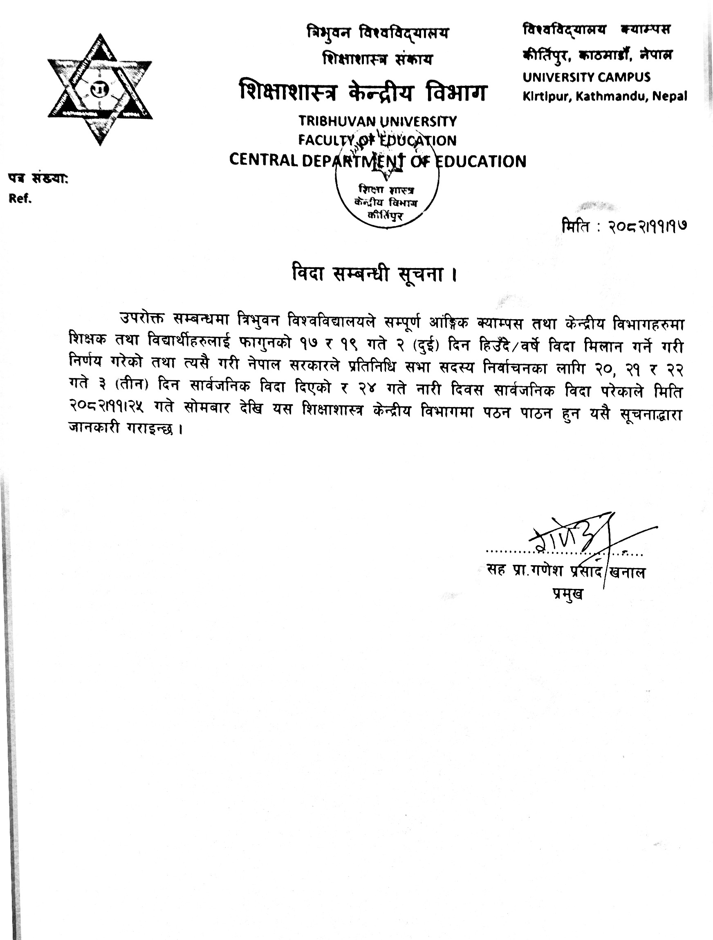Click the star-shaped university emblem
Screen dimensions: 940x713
pyautogui.click(x=100, y=90)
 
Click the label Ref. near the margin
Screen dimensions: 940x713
pyautogui.click(x=20, y=199)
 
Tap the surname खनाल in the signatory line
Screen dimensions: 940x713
pyautogui.click(x=627, y=573)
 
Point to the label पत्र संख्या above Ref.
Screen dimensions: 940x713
pyautogui.click(x=38, y=179)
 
